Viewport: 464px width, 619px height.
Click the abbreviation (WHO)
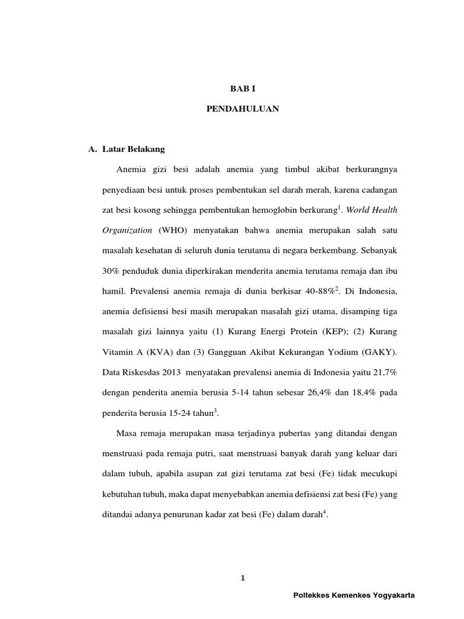[173, 230]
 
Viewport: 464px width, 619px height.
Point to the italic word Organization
[124, 230]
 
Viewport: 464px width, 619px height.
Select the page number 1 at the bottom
[243, 578]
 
